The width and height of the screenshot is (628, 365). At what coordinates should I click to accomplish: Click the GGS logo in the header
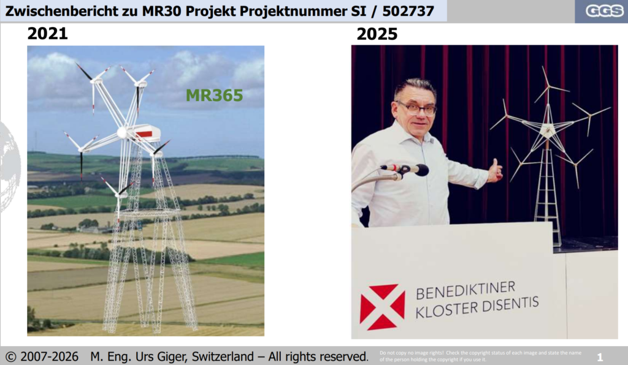604,11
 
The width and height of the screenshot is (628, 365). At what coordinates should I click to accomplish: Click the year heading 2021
48,33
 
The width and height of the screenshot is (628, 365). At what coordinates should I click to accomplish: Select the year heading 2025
377,34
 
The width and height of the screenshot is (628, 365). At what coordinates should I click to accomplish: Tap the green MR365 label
214,95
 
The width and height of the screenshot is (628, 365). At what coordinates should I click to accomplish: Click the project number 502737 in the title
408,11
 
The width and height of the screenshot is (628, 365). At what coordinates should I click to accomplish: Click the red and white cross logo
382,307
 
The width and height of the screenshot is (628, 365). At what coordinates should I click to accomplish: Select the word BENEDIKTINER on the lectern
466,290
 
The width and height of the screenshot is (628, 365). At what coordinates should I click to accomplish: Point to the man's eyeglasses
416,108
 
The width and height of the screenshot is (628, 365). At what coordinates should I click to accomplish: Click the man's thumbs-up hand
496,171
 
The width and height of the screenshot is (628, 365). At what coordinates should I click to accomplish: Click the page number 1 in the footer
600,357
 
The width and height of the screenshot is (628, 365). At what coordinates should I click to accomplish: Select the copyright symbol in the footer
11,356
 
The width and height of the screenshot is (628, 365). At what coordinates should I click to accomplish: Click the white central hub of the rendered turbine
122,133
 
